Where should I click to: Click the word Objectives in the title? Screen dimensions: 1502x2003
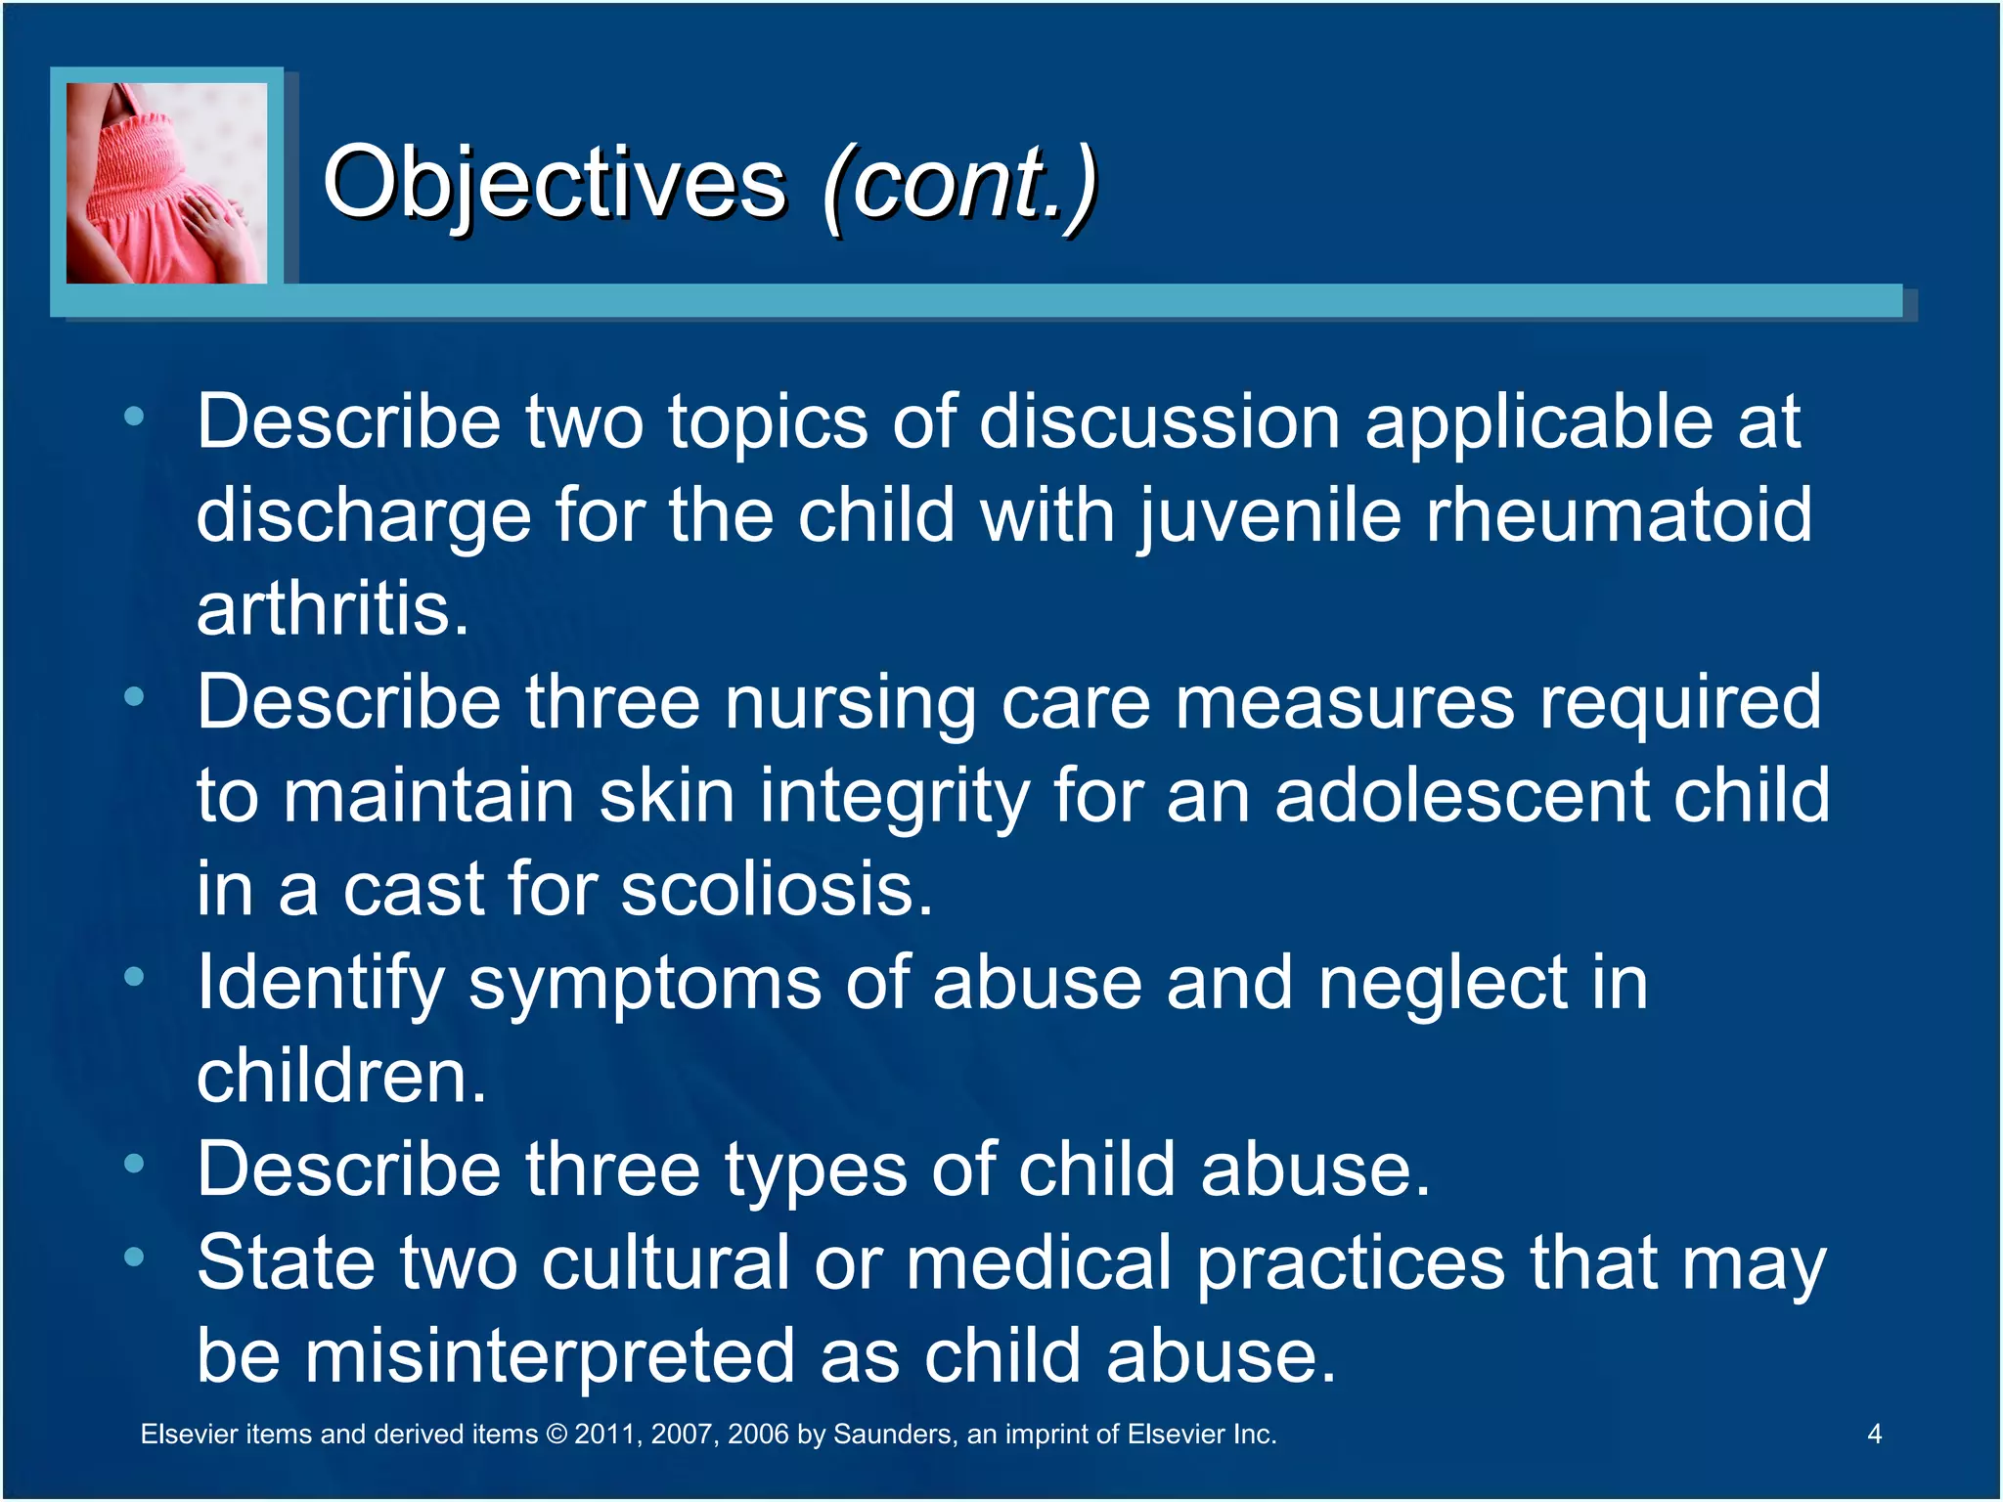click(x=554, y=184)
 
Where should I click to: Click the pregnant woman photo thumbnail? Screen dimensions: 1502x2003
click(x=166, y=183)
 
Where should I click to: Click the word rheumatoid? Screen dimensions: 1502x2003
click(x=1619, y=515)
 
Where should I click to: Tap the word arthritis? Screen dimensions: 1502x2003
click(x=333, y=609)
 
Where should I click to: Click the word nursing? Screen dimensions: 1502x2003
click(x=849, y=702)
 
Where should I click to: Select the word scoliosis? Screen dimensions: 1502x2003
click(x=777, y=889)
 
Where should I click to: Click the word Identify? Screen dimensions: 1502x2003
click(x=321, y=983)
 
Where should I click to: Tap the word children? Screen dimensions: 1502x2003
click(x=340, y=1076)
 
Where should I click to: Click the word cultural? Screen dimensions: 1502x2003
click(x=665, y=1262)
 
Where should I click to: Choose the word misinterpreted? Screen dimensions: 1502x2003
click(x=550, y=1356)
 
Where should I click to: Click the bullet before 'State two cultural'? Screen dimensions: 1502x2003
click(x=134, y=1257)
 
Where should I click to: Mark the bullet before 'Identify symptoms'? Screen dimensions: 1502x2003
click(x=134, y=976)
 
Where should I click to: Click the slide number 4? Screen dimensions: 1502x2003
click(x=1874, y=1434)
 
